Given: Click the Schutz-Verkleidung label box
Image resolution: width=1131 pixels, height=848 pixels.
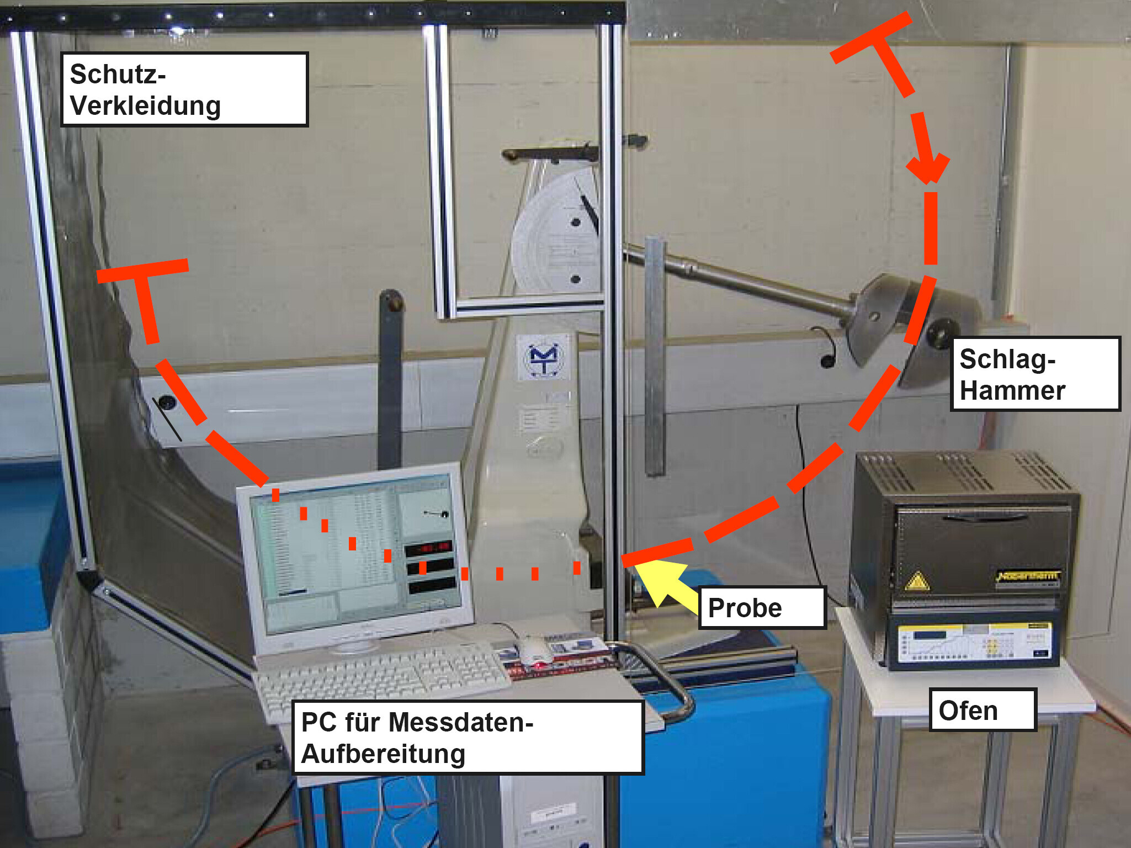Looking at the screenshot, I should coord(184,89).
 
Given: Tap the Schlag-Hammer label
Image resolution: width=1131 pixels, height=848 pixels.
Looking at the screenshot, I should coord(1035,374).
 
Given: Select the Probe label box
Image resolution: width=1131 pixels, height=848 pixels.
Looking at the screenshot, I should coord(762,608).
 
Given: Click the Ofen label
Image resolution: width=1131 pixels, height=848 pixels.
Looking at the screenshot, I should coord(983,710).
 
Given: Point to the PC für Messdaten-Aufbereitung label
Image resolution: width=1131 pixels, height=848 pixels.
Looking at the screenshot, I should coord(468,738).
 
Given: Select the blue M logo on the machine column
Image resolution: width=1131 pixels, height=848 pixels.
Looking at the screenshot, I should coord(544,358).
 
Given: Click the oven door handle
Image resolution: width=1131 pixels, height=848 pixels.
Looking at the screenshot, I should coord(985,518).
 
